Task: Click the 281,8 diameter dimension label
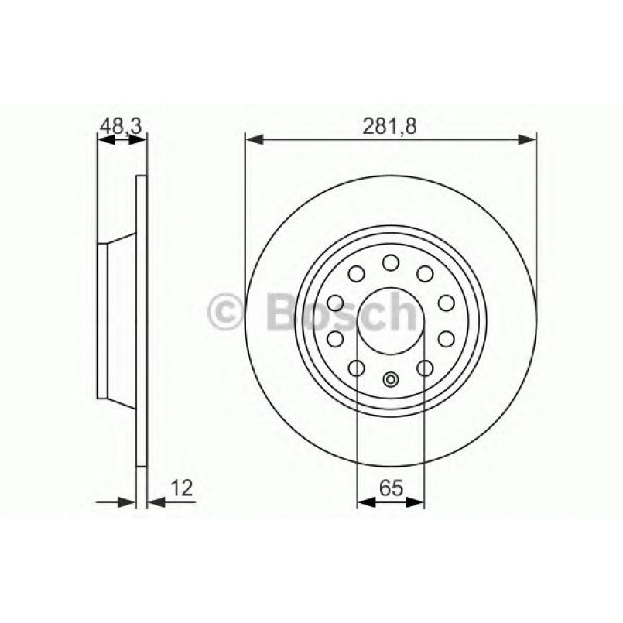click(390, 126)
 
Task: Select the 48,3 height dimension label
click(122, 126)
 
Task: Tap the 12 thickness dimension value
click(183, 488)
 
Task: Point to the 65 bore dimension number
click(390, 488)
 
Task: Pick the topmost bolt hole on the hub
click(391, 261)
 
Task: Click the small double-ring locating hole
click(391, 379)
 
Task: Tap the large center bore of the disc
click(391, 319)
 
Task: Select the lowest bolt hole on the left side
click(357, 368)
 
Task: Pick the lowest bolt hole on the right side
click(425, 368)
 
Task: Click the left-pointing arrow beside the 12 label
click(156, 502)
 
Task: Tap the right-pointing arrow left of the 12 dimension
click(127, 502)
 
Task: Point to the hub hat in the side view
click(116, 320)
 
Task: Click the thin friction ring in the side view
click(141, 320)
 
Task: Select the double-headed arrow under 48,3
click(122, 140)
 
